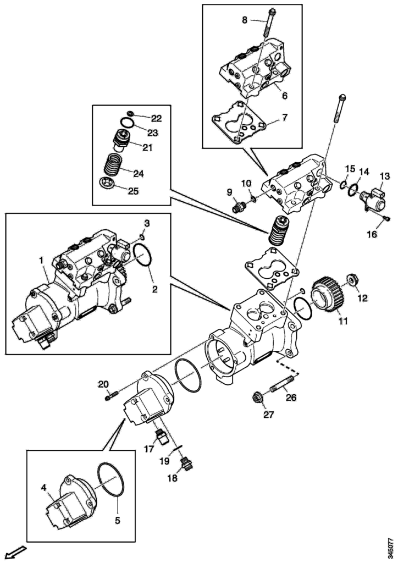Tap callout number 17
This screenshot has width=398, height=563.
click(148, 449)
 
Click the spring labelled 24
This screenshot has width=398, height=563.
click(115, 165)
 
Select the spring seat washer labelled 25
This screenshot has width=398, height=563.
click(106, 183)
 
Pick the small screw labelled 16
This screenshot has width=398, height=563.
click(387, 219)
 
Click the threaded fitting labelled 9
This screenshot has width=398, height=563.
click(239, 208)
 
